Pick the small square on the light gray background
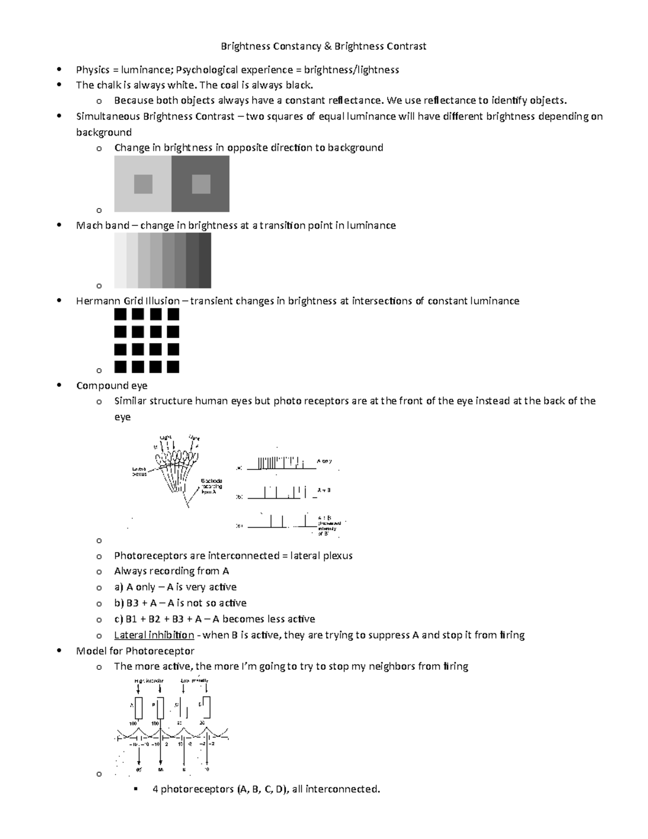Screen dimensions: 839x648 [143, 184]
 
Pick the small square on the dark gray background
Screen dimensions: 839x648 [201, 184]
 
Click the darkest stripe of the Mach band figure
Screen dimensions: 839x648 [205, 260]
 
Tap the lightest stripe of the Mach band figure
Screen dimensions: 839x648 [120, 260]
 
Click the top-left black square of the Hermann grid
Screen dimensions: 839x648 [120, 314]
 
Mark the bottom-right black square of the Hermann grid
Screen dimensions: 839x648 [173, 367]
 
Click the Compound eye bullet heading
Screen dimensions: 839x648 [112, 386]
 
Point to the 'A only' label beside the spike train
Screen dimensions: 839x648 [324, 461]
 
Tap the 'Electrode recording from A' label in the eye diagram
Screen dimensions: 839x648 [212, 486]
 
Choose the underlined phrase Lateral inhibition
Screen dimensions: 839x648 [154, 635]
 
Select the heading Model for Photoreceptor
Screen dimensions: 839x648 [135, 651]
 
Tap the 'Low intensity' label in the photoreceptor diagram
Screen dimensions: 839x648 [194, 681]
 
